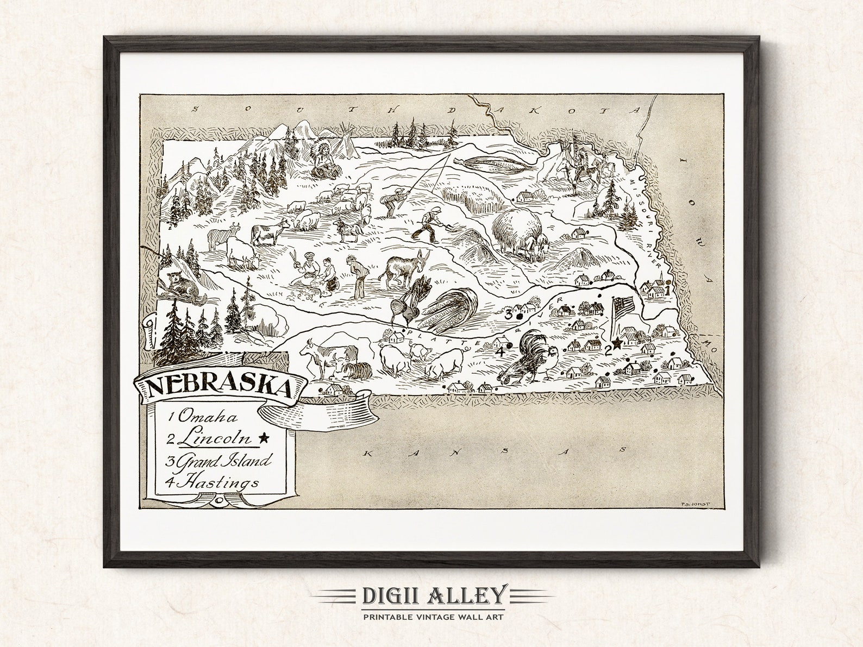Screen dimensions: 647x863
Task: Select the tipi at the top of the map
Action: pyautogui.click(x=342, y=142)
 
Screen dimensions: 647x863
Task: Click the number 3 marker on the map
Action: pyautogui.click(x=509, y=314)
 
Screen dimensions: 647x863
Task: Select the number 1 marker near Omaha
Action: pyautogui.click(x=666, y=290)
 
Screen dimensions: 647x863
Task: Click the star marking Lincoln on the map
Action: pyautogui.click(x=617, y=343)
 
